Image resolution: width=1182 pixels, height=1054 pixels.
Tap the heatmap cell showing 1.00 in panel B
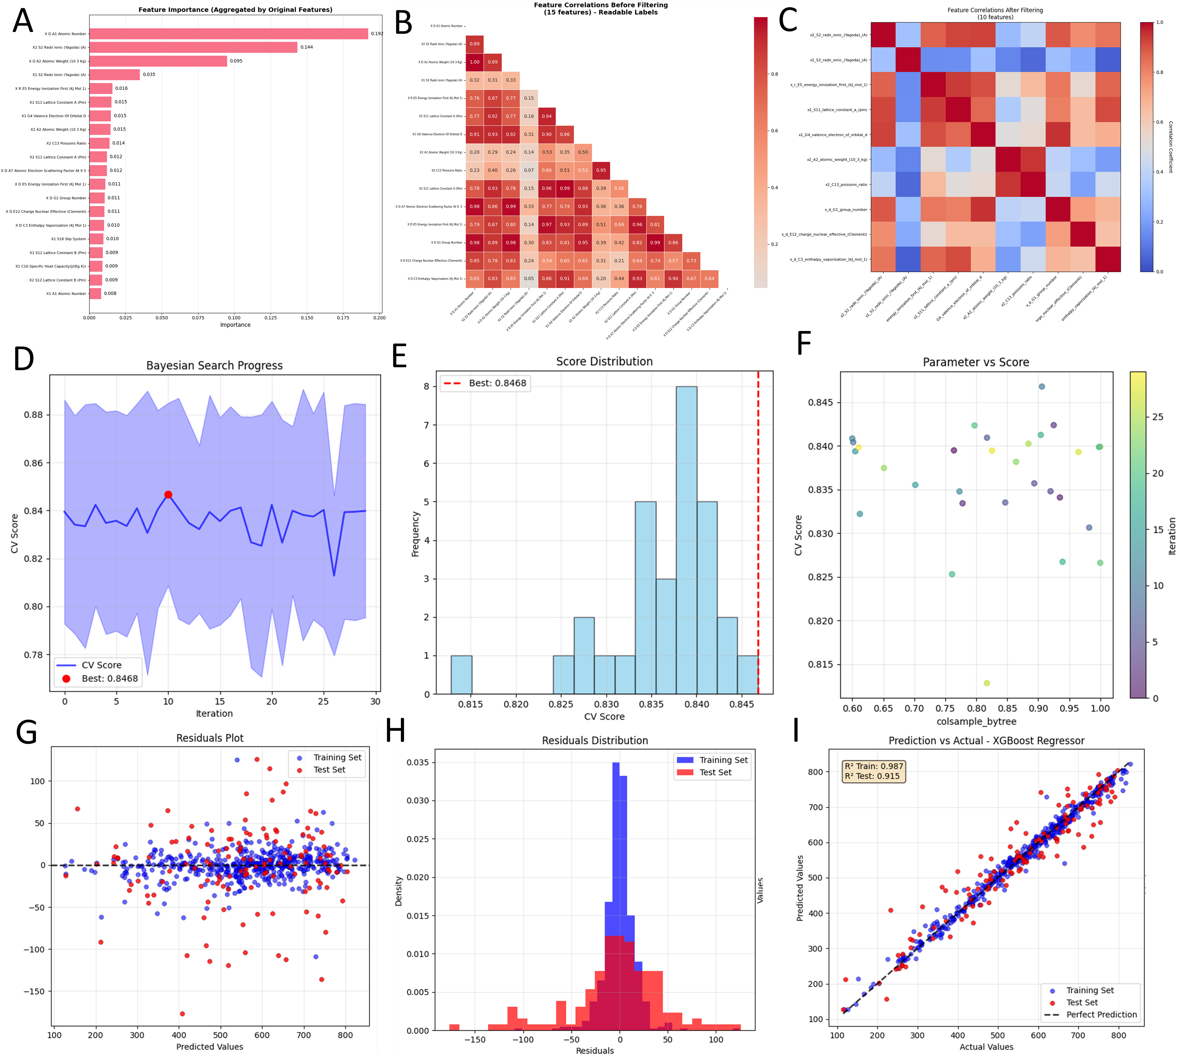(475, 62)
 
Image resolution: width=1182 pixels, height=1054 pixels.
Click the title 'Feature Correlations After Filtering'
(995, 10)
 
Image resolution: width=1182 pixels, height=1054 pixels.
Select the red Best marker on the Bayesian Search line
(168, 495)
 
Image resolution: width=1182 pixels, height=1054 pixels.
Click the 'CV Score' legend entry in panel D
(101, 665)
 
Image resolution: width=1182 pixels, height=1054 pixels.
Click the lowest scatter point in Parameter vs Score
(987, 683)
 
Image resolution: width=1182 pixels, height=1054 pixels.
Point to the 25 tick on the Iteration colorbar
(1157, 417)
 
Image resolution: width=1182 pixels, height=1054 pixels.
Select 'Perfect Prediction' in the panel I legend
(1101, 1015)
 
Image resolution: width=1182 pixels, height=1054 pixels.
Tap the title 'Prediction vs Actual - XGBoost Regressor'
(986, 741)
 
